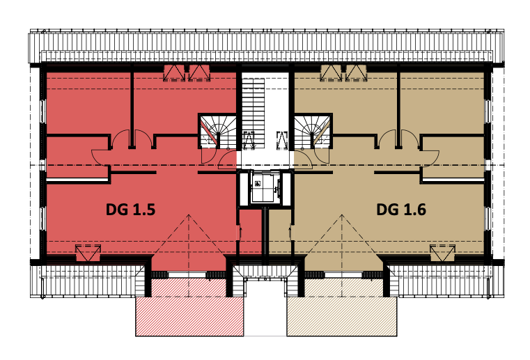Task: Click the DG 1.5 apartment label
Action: point(130,210)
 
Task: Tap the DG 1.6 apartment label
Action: point(401,210)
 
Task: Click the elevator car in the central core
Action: point(265,187)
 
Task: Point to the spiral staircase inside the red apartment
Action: point(218,131)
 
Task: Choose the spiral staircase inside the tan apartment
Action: point(312,131)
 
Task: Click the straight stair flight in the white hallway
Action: point(253,114)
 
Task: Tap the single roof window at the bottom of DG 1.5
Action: point(88,253)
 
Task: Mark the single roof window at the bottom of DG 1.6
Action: point(443,253)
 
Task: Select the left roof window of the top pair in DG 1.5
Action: point(174,73)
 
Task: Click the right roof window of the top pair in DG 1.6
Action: point(357,73)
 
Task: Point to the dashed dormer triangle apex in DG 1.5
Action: point(189,215)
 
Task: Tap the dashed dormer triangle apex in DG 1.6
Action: point(342,215)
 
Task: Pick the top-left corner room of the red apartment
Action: point(88,103)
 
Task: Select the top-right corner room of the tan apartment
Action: point(442,103)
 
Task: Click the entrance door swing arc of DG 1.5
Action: point(226,159)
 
